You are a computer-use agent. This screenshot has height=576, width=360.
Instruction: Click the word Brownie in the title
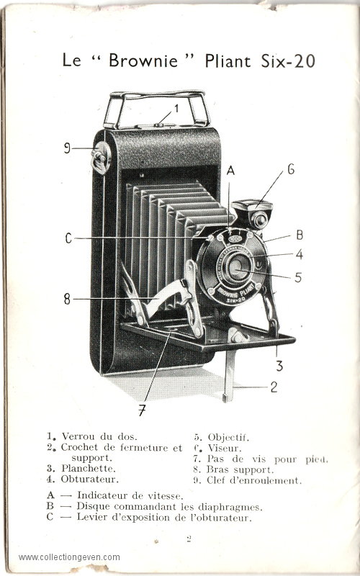pos(143,60)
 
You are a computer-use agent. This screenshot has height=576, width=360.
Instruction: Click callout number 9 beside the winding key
pos(67,148)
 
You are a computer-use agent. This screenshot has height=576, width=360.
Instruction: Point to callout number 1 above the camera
pos(176,109)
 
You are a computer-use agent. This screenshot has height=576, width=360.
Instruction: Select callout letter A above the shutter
pos(230,170)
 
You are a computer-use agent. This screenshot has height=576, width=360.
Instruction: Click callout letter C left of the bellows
pos(68,238)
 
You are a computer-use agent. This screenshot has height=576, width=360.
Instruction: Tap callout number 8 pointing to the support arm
pos(67,299)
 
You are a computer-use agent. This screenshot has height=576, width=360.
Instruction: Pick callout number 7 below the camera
pos(142,410)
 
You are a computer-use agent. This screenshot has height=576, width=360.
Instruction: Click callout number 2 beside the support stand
pos(274,387)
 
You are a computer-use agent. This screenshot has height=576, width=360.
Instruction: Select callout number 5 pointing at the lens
pos(298,277)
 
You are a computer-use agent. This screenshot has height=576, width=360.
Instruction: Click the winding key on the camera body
pos(100,158)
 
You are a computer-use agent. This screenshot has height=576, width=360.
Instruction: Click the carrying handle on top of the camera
pos(156,109)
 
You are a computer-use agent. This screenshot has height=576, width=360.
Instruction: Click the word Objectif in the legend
pos(228,437)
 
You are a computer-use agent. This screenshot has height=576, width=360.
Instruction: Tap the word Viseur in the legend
pos(225,448)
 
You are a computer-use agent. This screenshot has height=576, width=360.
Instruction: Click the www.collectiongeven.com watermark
pos(69,557)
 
